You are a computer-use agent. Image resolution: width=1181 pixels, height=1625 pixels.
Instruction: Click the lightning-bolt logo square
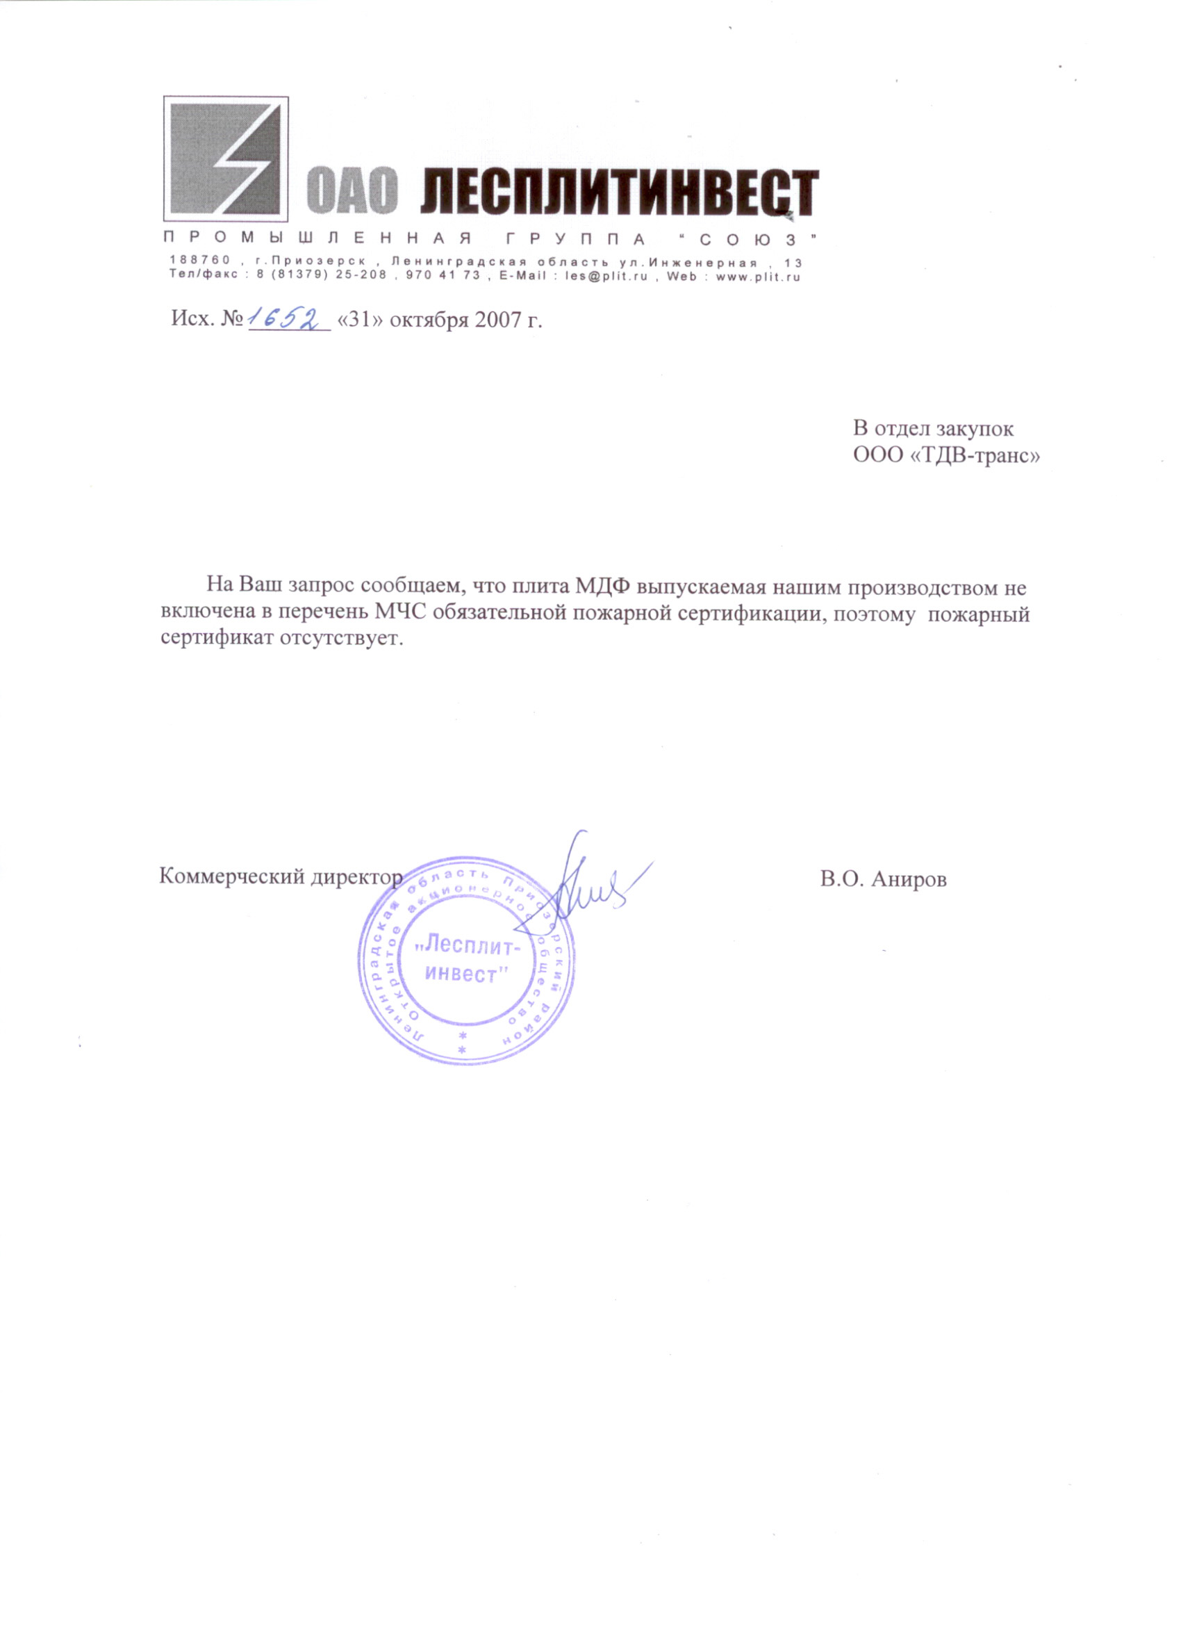[x=226, y=158]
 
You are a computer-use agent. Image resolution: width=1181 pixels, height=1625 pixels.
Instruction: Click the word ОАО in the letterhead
[x=352, y=192]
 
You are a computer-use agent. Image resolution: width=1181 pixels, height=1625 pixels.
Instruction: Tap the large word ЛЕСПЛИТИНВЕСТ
[x=618, y=192]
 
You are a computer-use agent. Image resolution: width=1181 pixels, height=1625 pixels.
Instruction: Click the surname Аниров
[x=909, y=880]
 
